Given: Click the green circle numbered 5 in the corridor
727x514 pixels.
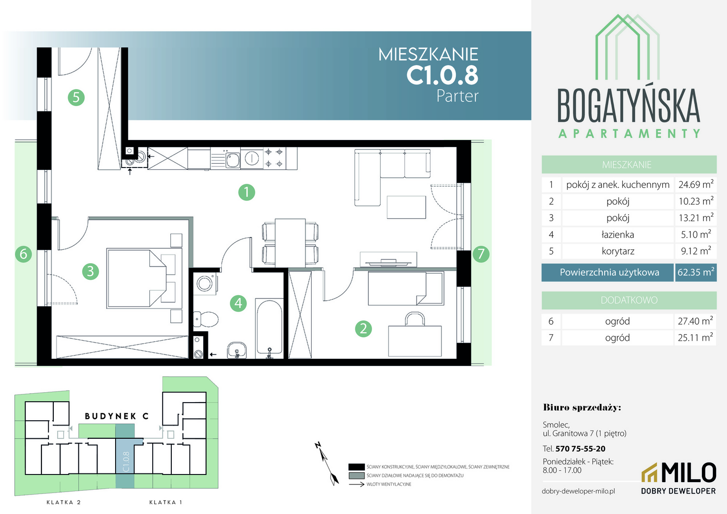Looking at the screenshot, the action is (76, 98).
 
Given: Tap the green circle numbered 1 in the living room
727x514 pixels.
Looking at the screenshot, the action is (246, 192).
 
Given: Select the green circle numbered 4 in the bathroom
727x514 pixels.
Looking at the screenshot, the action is (238, 303).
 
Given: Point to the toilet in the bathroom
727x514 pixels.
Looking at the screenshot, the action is (206, 319).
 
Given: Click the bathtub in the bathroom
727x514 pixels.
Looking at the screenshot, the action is (269, 328).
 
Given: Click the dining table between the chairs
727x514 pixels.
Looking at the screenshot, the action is (290, 243).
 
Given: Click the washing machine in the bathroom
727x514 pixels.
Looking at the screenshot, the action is (205, 284).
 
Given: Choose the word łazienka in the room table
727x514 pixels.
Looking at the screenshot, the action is (618, 235).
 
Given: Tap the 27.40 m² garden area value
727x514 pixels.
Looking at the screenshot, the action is (695, 321).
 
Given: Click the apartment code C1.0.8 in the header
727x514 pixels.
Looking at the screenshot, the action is (442, 75).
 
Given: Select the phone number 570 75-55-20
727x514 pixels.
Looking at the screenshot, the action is (580, 449).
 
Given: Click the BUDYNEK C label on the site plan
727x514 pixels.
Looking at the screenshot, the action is (117, 416).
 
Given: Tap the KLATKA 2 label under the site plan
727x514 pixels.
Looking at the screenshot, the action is (64, 502).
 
